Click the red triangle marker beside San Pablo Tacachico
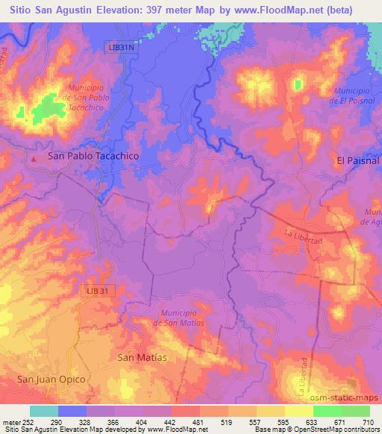point(34,157)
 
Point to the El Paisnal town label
point(358,160)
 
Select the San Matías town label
point(143,358)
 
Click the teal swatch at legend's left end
point(43,412)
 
